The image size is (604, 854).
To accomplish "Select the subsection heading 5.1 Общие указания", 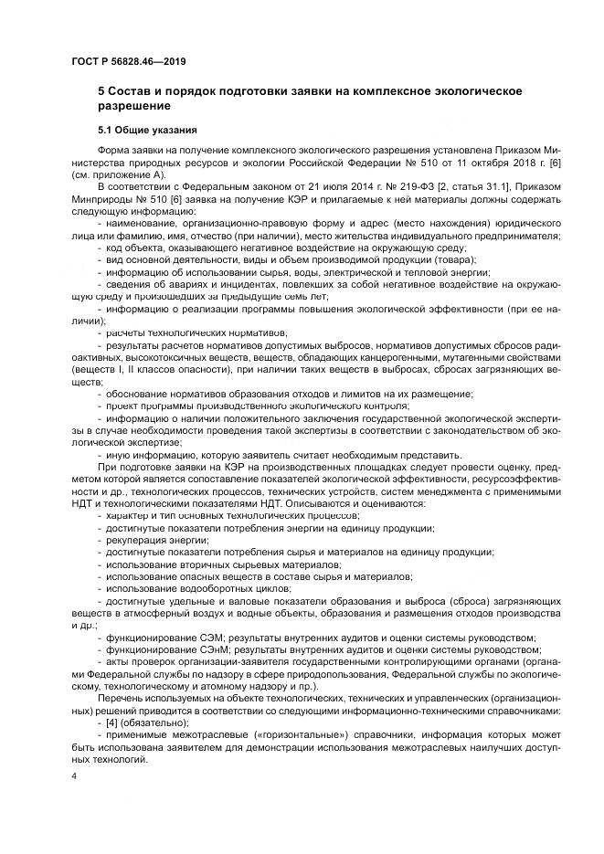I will pyautogui.click(x=146, y=130).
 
